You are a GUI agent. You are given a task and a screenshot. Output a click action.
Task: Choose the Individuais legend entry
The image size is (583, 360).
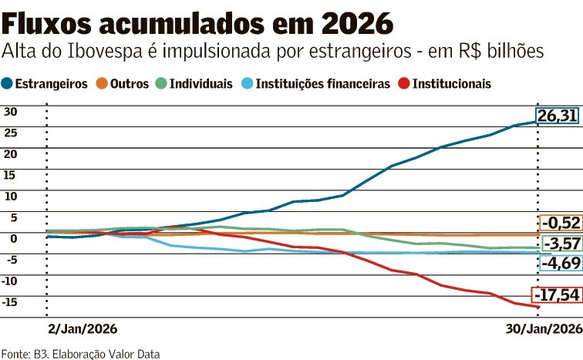click(x=197, y=83)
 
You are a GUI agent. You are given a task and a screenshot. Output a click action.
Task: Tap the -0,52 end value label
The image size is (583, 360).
click(x=561, y=223)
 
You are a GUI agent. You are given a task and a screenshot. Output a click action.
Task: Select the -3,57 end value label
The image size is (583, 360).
click(x=561, y=244)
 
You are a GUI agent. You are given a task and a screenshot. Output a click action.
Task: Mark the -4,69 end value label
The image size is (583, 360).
click(x=561, y=264)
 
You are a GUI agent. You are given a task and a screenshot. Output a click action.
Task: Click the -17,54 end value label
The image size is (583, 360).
click(x=556, y=295)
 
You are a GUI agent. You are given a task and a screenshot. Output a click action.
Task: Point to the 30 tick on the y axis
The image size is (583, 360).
click(x=10, y=110)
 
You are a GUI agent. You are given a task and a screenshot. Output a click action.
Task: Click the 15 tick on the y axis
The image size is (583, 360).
click(x=10, y=174)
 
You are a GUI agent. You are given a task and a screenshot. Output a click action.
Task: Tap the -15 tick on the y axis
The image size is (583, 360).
click(x=10, y=301)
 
